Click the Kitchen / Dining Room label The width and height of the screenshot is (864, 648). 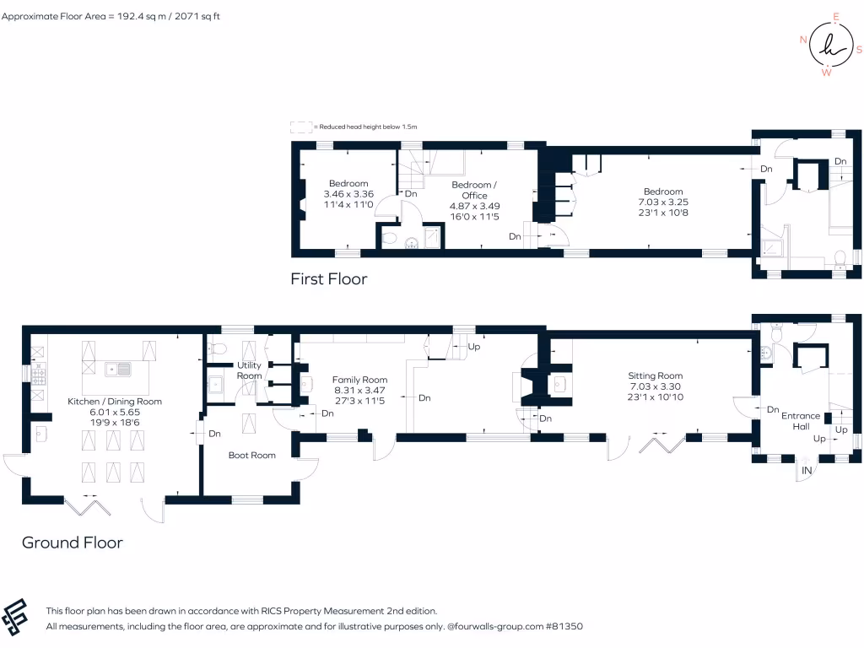(x=115, y=402)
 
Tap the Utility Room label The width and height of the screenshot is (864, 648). (x=249, y=370)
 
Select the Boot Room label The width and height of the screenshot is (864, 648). (x=252, y=455)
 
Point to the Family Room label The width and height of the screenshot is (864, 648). (x=359, y=380)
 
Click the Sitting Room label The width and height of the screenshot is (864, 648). (x=655, y=375)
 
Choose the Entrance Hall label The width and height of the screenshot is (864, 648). (x=801, y=421)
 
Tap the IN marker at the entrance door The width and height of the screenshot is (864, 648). (x=807, y=470)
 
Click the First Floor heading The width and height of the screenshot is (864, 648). (x=328, y=278)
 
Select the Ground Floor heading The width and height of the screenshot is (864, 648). (x=73, y=543)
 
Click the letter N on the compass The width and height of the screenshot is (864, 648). (x=803, y=40)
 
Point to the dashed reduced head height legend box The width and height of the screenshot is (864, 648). (x=300, y=127)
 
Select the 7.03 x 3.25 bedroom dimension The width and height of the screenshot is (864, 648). (x=661, y=202)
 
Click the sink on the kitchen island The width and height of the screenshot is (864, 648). (x=117, y=369)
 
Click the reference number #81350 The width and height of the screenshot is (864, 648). (x=564, y=627)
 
